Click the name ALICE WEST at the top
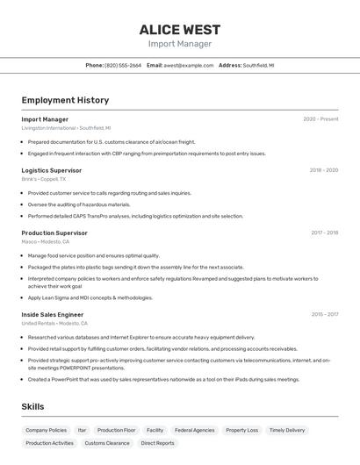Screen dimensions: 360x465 179,29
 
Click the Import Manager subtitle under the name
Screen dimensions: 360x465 179,44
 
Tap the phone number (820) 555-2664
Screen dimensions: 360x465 123,65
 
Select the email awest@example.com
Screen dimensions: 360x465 189,65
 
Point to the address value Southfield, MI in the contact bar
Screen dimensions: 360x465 258,65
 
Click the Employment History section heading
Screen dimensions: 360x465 65,100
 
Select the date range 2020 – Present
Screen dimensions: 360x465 320,119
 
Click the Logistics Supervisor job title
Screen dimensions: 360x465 52,170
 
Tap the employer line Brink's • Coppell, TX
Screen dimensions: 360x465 44,179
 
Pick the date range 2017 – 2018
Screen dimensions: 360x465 324,233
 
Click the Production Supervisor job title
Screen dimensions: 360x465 54,233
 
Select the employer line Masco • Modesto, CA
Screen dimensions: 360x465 46,242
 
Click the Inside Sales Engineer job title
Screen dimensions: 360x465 53,314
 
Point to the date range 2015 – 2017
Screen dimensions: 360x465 324,314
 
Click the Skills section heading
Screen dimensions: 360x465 32,407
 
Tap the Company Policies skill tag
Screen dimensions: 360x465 46,430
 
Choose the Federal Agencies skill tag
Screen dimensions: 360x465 194,430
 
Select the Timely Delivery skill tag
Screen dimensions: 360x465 287,430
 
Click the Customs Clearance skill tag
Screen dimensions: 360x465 107,443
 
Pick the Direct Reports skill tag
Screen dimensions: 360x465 158,443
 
